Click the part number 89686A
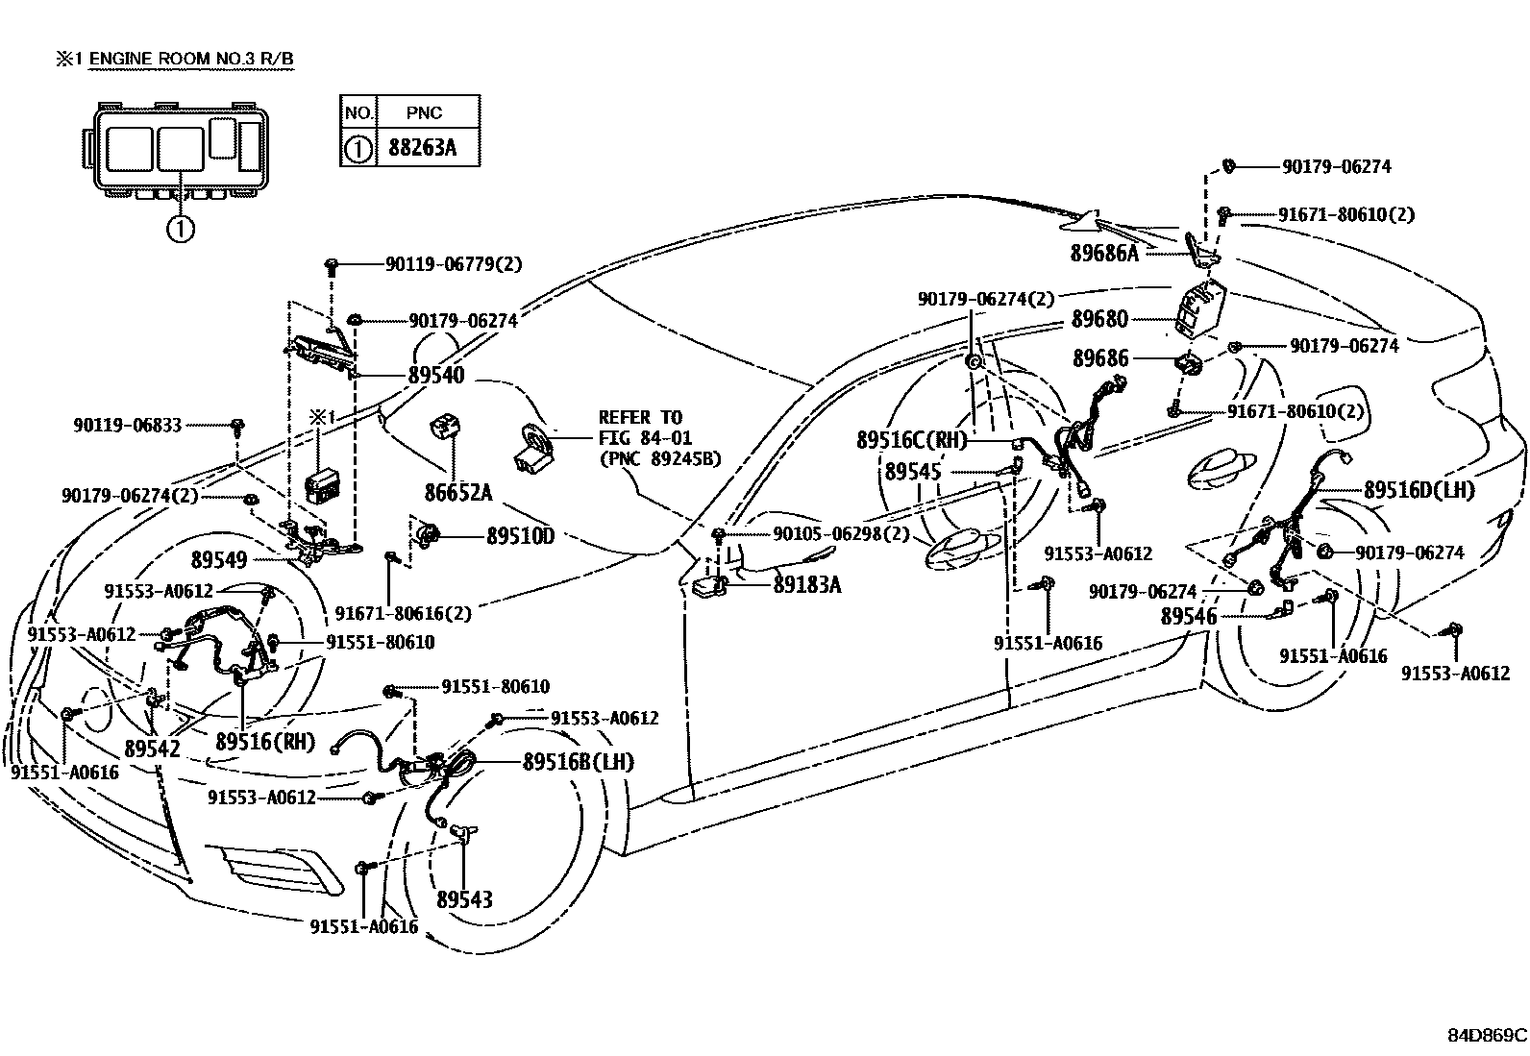pos(1104,254)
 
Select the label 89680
pos(1100,319)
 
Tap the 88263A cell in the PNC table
pos(424,149)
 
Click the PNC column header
pos(424,112)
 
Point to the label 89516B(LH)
pos(579,762)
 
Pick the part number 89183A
pos(807,583)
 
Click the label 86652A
pos(458,493)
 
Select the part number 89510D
pos(520,536)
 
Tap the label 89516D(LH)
pos(1419,489)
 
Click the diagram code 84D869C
pos(1487,1036)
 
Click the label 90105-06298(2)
pos(841,534)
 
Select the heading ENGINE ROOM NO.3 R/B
pos(191,60)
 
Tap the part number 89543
pos(464,899)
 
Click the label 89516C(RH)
pos(911,440)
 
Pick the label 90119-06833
pos(127,424)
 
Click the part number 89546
pos(1189,616)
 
